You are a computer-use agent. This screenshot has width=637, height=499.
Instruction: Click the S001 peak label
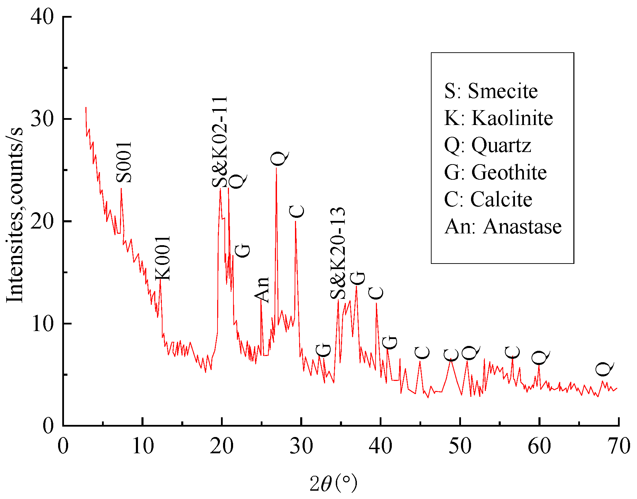point(124,162)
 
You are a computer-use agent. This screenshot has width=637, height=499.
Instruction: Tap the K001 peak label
point(163,258)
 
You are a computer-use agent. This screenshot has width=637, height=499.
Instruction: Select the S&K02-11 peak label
point(220,142)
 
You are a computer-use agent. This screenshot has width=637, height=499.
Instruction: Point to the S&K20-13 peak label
point(338,253)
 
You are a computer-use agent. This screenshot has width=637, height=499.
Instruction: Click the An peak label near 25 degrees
point(262,290)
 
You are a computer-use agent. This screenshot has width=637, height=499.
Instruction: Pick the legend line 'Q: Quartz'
point(488,145)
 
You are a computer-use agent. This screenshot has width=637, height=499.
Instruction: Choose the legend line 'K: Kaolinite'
point(498,118)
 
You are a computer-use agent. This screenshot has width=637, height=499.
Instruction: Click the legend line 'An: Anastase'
point(503,226)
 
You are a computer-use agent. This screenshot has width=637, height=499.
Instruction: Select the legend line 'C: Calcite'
point(488,199)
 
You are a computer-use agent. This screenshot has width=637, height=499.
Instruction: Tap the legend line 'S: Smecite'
point(491,91)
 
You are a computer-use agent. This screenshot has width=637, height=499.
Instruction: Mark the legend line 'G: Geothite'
point(495,172)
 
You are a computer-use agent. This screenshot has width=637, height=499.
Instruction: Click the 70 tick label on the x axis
point(619,446)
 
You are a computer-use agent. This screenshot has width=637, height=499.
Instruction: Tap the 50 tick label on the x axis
point(460,446)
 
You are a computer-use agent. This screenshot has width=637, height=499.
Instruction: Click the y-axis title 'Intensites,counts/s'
point(15,215)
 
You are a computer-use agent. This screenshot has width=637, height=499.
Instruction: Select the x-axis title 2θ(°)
point(333,483)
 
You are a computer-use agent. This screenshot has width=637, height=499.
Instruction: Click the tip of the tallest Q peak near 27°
point(276,168)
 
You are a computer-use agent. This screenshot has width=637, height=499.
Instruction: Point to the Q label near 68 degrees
point(604,369)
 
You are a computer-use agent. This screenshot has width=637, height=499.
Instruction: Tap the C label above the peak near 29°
point(297,212)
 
